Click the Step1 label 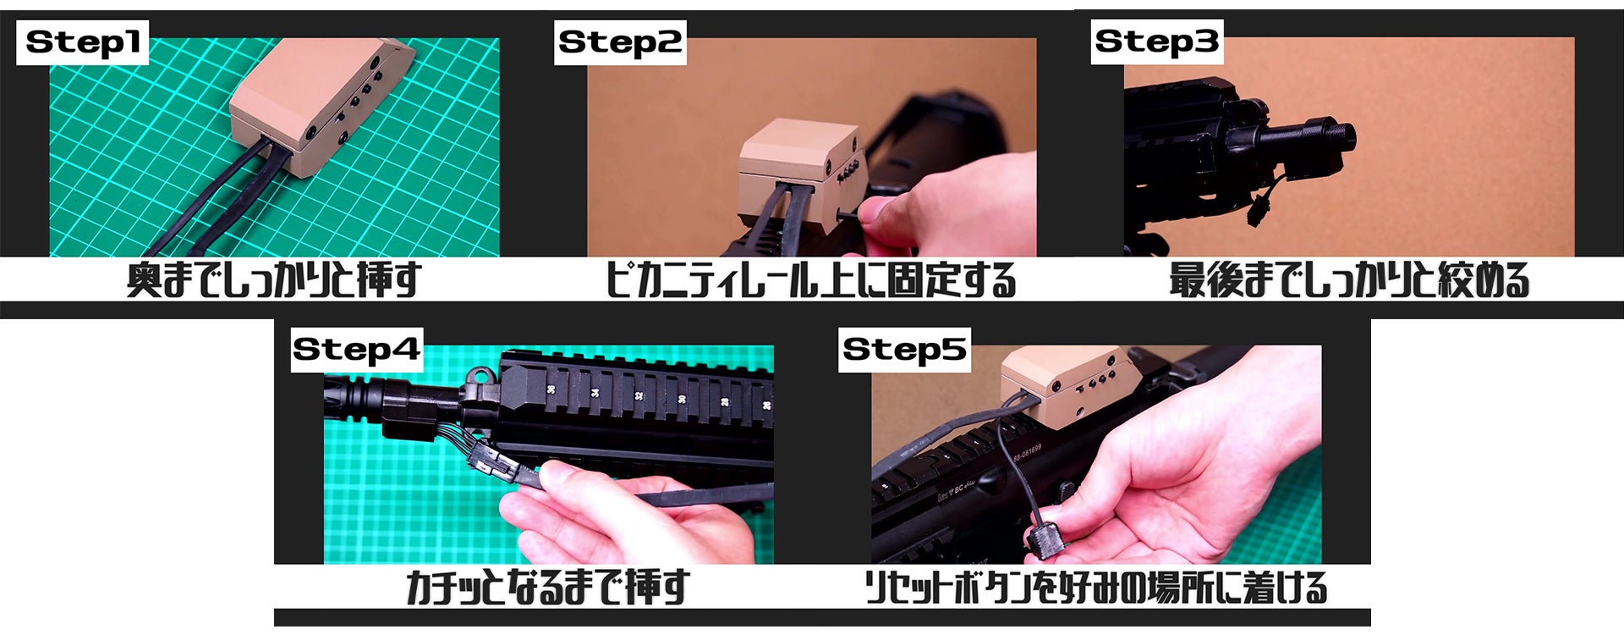pyautogui.click(x=82, y=42)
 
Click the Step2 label pyautogui.click(x=620, y=42)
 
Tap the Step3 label pyautogui.click(x=1156, y=41)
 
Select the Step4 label pyautogui.click(x=356, y=349)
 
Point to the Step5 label pyautogui.click(x=904, y=349)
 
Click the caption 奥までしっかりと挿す pyautogui.click(x=273, y=280)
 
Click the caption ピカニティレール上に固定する pyautogui.click(x=810, y=280)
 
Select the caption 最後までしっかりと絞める pyautogui.click(x=1349, y=280)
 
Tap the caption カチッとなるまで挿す pyautogui.click(x=547, y=587)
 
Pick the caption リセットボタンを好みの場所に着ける pyautogui.click(x=1095, y=587)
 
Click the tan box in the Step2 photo pyautogui.click(x=799, y=174)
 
